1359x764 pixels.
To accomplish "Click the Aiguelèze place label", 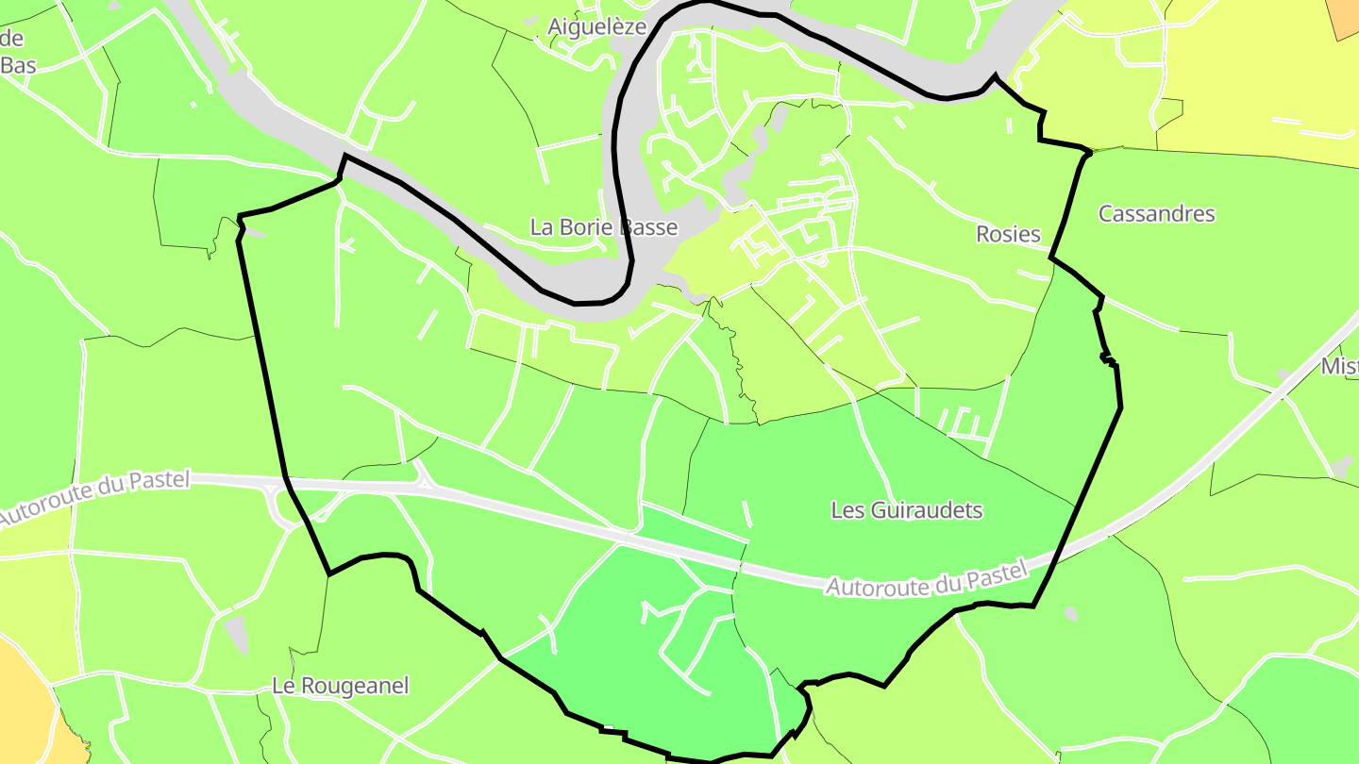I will pos(596,26).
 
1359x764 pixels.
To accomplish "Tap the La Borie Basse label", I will pos(603,227).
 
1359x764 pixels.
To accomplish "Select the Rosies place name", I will pos(1008,234).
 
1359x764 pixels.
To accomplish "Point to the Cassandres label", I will pos(1156,213).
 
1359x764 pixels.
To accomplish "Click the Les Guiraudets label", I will pos(906,510).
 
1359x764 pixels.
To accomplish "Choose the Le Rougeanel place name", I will pos(340,686).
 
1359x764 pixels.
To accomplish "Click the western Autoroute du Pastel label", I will pos(94,496).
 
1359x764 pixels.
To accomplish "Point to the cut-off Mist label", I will pos(1339,366).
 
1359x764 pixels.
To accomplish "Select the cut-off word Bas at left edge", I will pos(18,65).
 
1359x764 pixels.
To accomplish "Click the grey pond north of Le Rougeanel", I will pos(237,634).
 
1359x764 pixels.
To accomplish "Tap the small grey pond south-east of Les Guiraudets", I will pos(1069,614).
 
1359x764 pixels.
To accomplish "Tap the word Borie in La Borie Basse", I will pos(594,227).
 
